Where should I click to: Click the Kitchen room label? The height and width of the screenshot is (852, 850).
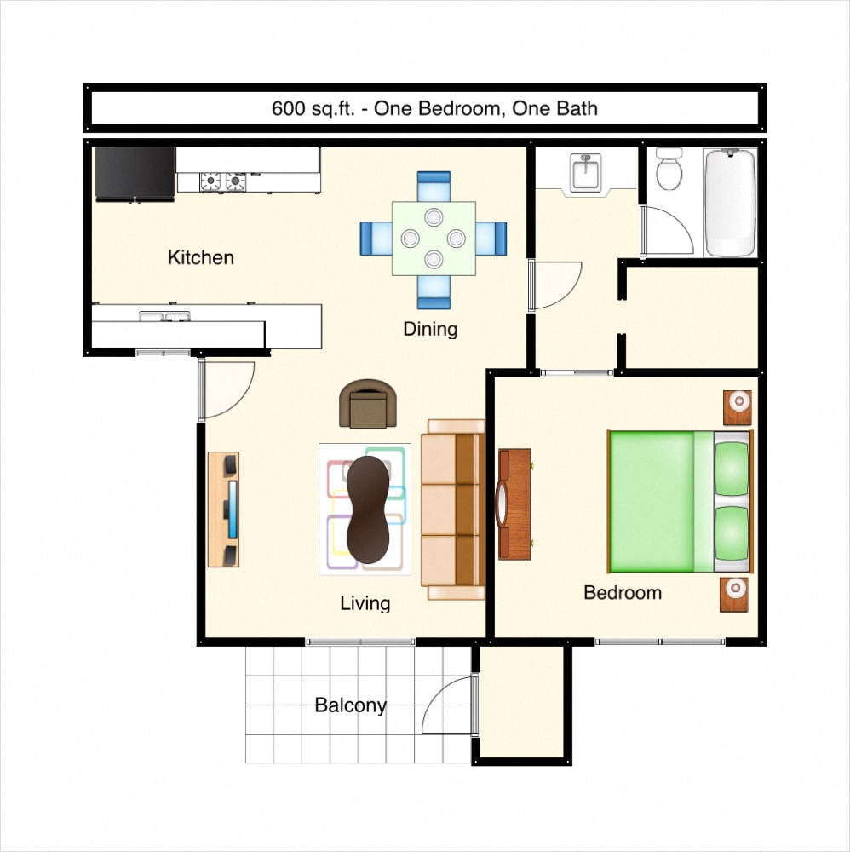click(x=200, y=257)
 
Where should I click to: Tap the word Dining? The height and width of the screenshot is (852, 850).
click(x=430, y=329)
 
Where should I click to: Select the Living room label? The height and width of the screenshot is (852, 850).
click(x=365, y=603)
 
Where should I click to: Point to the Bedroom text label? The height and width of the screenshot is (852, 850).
click(x=622, y=592)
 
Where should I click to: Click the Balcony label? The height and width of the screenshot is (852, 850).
click(x=350, y=705)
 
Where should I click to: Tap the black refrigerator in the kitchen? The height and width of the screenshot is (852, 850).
click(x=135, y=173)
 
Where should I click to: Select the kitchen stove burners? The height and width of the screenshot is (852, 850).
click(x=222, y=181)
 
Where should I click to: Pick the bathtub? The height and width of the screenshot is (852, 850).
click(x=730, y=203)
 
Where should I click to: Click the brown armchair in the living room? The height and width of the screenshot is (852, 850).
click(x=368, y=404)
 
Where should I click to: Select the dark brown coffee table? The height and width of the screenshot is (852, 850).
click(x=368, y=509)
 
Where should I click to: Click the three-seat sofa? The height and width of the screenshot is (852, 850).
click(x=453, y=509)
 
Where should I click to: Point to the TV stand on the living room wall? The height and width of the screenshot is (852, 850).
click(x=224, y=509)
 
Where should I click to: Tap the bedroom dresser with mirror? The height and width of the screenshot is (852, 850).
click(x=514, y=504)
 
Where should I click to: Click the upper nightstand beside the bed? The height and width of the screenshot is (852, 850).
click(x=737, y=406)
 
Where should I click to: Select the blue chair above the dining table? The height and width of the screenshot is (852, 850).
click(x=434, y=186)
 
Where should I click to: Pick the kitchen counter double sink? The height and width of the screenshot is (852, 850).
click(x=165, y=317)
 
